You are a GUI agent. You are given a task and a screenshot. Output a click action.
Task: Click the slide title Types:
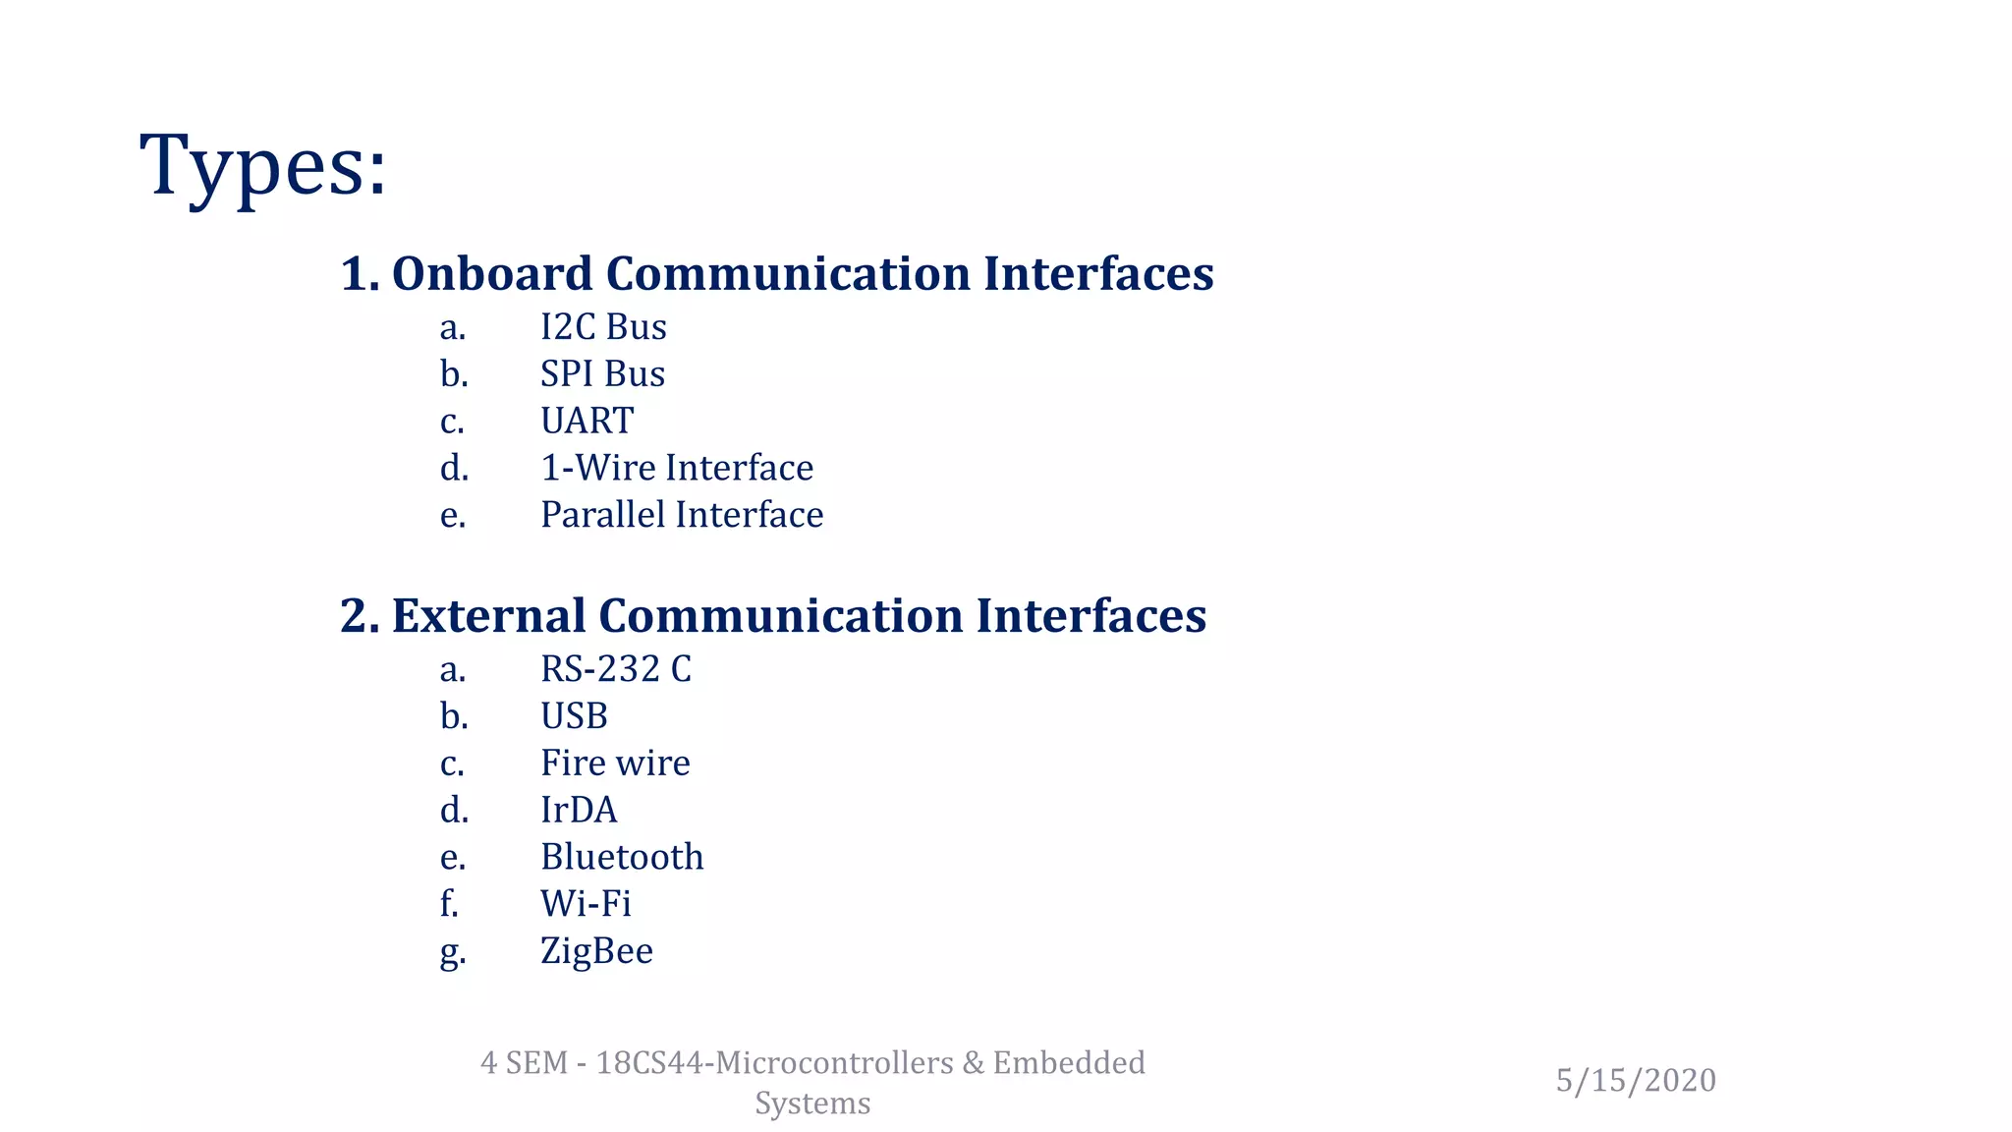click(263, 165)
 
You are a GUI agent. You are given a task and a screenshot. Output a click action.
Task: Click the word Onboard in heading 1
click(491, 273)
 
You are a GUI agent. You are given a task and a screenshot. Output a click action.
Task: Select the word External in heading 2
click(488, 616)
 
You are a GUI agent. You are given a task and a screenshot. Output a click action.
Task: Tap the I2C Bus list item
click(603, 327)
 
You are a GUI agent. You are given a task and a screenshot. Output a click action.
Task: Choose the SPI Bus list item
click(602, 374)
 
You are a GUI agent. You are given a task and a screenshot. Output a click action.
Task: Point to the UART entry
click(587, 421)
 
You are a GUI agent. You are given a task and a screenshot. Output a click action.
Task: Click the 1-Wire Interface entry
click(677, 468)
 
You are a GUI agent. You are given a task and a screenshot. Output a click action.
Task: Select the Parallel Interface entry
click(682, 515)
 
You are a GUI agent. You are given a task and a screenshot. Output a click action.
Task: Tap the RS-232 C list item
click(616, 669)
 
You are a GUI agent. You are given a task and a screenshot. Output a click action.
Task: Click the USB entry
click(574, 716)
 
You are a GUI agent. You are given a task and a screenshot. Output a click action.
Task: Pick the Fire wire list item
click(615, 764)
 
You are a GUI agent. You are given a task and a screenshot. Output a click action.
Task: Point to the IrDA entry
click(579, 811)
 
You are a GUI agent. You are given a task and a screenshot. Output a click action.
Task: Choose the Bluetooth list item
click(622, 857)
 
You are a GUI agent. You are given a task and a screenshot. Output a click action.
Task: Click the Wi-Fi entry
click(586, 904)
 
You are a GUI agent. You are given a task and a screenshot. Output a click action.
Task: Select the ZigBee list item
click(596, 951)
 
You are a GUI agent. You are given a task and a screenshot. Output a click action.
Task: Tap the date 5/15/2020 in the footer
click(1636, 1081)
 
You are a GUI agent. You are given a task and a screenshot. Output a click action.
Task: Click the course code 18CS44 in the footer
click(649, 1063)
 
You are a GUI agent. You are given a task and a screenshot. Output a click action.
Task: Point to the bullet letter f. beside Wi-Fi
click(449, 904)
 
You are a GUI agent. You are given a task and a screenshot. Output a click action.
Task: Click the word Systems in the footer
click(812, 1104)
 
